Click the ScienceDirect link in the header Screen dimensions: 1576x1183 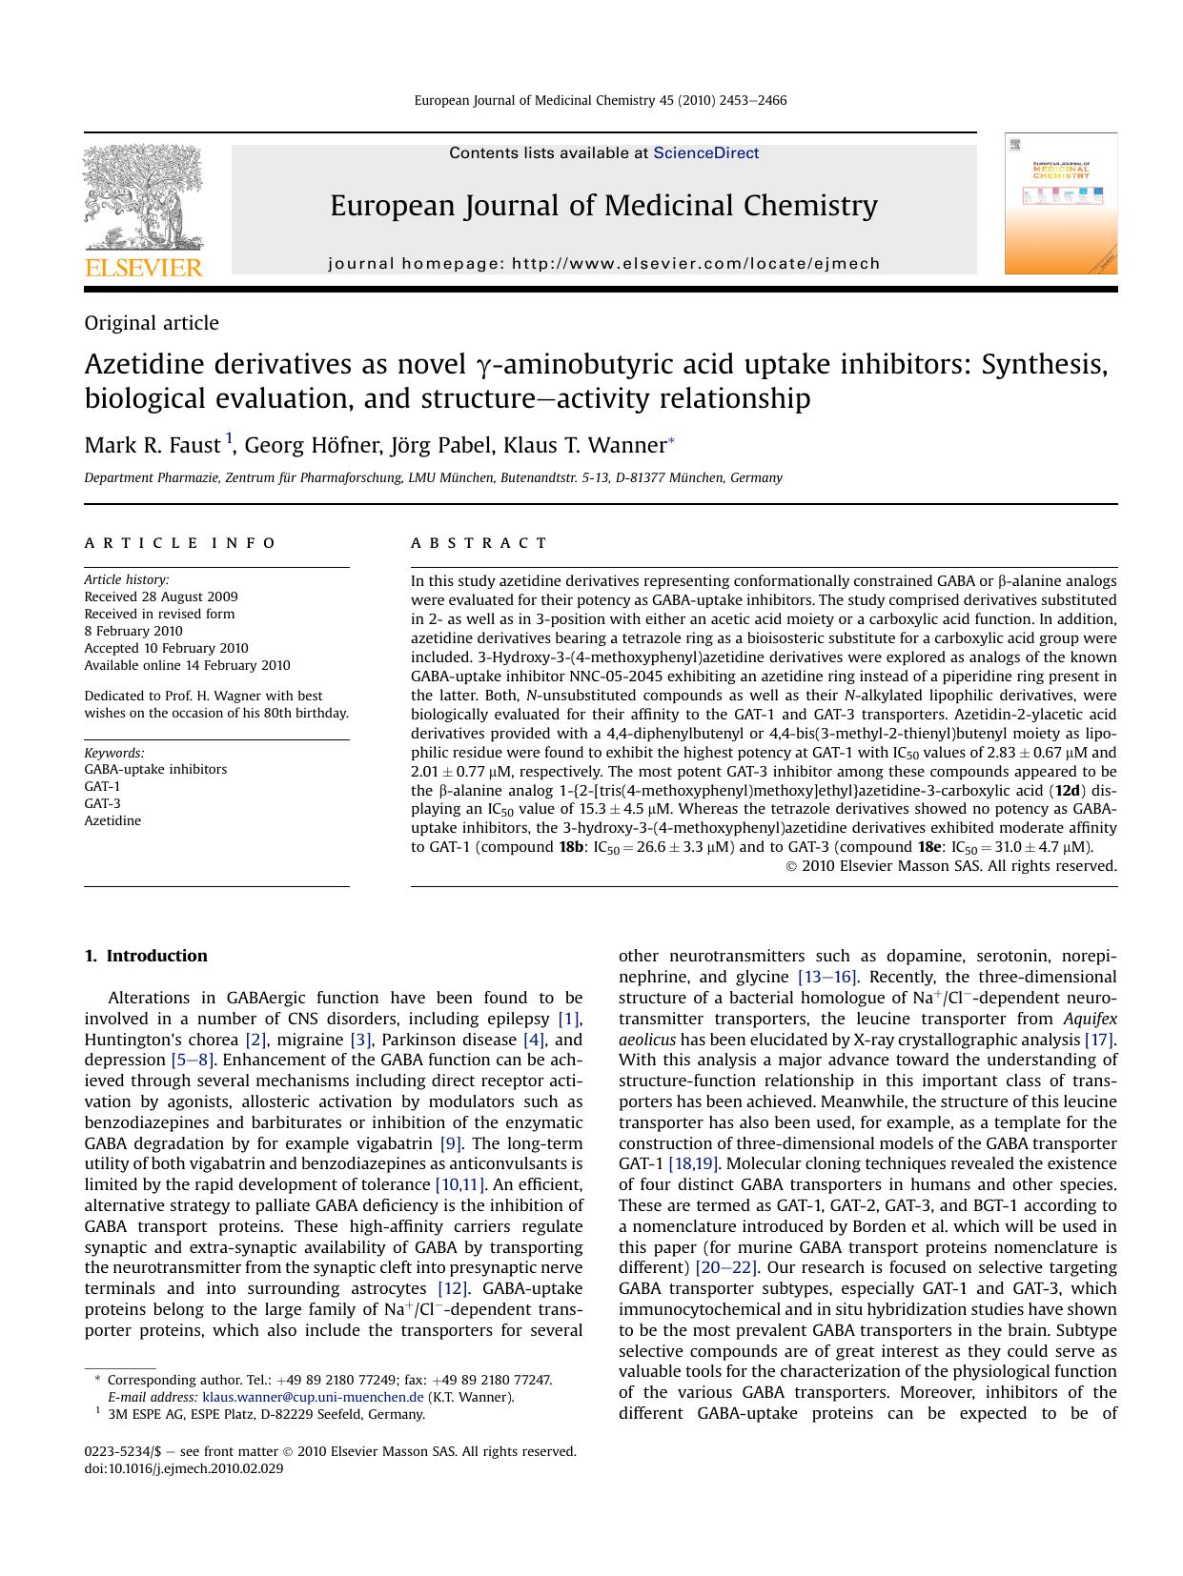pyautogui.click(x=705, y=153)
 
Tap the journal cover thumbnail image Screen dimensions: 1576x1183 pyautogui.click(x=1060, y=204)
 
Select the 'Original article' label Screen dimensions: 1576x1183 pyautogui.click(x=152, y=323)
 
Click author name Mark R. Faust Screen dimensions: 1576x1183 pyautogui.click(x=153, y=446)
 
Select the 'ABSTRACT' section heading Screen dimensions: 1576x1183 pyautogui.click(x=479, y=543)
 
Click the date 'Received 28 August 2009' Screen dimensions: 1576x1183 pyautogui.click(x=161, y=596)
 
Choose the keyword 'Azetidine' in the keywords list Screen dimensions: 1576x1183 pyautogui.click(x=112, y=820)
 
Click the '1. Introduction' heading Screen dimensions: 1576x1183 pyautogui.click(x=146, y=956)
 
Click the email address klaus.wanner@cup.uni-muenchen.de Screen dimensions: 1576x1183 pyautogui.click(x=313, y=1398)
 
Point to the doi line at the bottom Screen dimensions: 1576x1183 pyautogui.click(x=184, y=1468)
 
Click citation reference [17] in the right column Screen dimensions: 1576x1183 pyautogui.click(x=1099, y=1040)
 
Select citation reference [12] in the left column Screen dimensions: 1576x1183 pyautogui.click(x=452, y=1289)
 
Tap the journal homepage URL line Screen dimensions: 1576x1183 pyautogui.click(x=603, y=264)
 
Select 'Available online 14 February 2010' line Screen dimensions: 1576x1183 pyautogui.click(x=187, y=665)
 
